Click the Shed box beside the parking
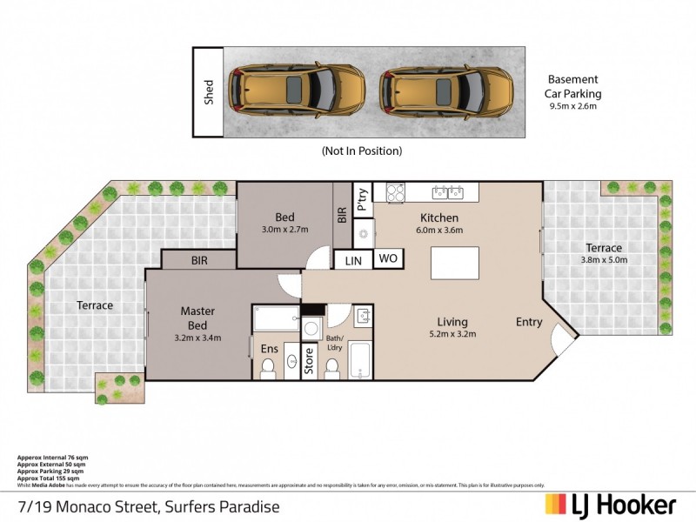pyautogui.click(x=209, y=92)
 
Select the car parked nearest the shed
pyautogui.click(x=296, y=90)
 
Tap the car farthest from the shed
pyautogui.click(x=445, y=90)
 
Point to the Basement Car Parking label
pyautogui.click(x=574, y=87)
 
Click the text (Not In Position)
pyautogui.click(x=361, y=151)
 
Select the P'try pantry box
pyautogui.click(x=363, y=198)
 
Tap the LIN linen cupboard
pyautogui.click(x=353, y=260)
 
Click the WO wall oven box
pyautogui.click(x=387, y=259)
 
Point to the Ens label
pyautogui.click(x=270, y=349)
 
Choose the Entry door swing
pyautogui.click(x=564, y=342)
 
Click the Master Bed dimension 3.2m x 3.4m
pyautogui.click(x=197, y=338)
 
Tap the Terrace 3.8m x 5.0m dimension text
pyautogui.click(x=603, y=260)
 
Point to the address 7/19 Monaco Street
pyautogui.click(x=148, y=505)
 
